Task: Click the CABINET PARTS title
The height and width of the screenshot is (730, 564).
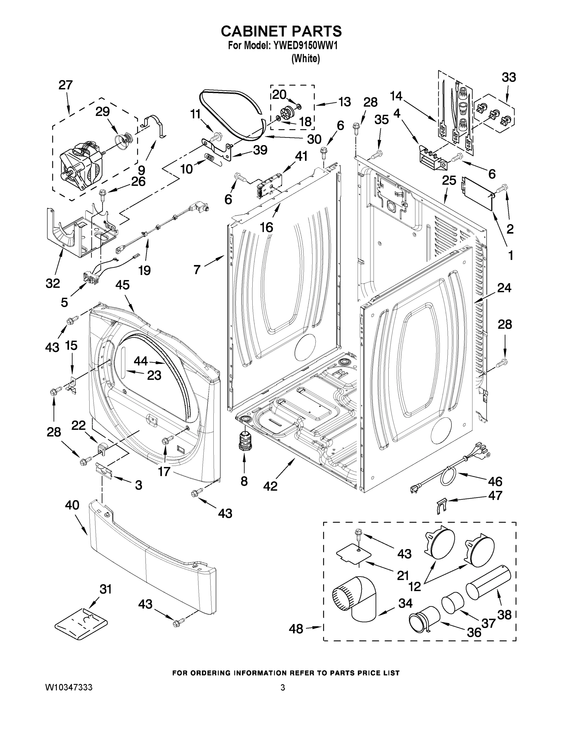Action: [x=281, y=31]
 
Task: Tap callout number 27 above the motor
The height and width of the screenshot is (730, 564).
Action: [x=65, y=85]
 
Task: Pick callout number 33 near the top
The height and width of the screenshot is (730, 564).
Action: [x=509, y=78]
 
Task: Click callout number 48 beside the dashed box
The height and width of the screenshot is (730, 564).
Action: [x=296, y=629]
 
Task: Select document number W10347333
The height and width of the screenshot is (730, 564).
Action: [x=69, y=687]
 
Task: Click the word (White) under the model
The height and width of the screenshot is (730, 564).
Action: [x=305, y=58]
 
